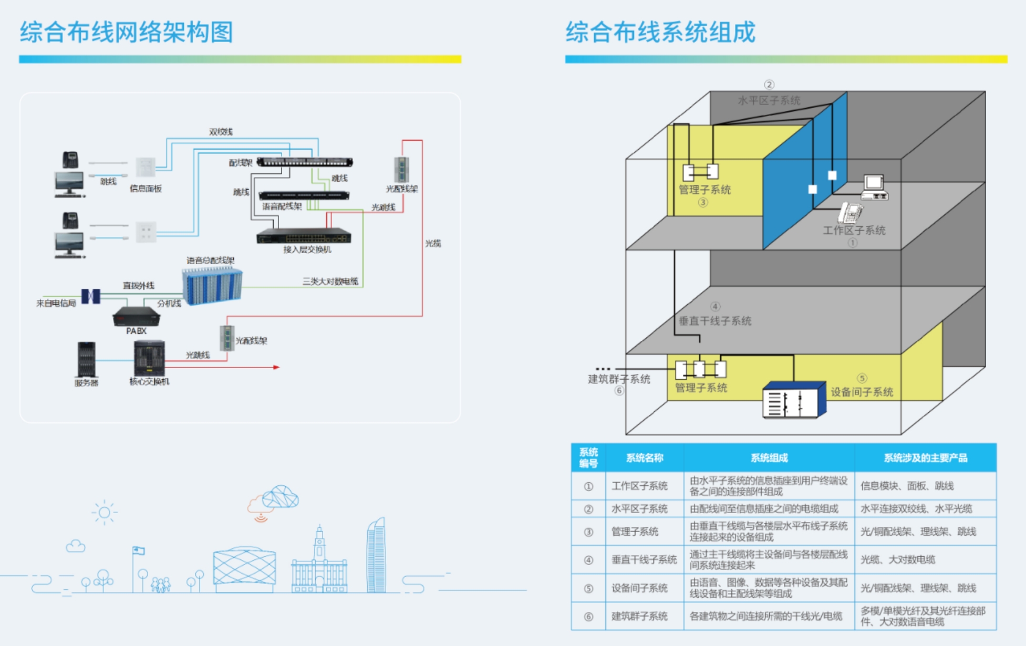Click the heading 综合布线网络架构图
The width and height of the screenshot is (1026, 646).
coord(126,32)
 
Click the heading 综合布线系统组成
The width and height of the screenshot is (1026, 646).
coord(660,32)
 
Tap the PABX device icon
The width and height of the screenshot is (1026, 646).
coord(136,316)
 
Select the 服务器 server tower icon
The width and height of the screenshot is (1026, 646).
coord(86,359)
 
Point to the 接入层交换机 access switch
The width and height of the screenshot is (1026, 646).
coord(304,236)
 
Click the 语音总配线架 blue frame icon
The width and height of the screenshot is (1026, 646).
coord(212,286)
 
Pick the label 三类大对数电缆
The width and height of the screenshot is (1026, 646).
coord(330,282)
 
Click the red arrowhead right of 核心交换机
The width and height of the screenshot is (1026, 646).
coord(276,367)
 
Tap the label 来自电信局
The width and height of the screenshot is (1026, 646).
coord(56,303)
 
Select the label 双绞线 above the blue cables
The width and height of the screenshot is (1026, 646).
coord(221,132)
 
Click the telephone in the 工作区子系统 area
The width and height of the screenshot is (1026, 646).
coord(850,213)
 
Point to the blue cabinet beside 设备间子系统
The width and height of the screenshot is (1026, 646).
coord(793,400)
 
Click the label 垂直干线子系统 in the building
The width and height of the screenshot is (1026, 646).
coord(714,321)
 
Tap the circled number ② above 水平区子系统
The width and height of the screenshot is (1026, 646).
coord(769,85)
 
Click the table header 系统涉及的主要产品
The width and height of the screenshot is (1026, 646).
coord(925,458)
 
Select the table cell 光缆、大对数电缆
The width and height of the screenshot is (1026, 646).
coord(897,559)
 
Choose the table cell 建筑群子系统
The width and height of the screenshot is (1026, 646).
coord(639,616)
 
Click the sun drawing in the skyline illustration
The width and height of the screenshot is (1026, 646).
coord(104,512)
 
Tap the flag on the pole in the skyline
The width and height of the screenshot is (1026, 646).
coord(139,550)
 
